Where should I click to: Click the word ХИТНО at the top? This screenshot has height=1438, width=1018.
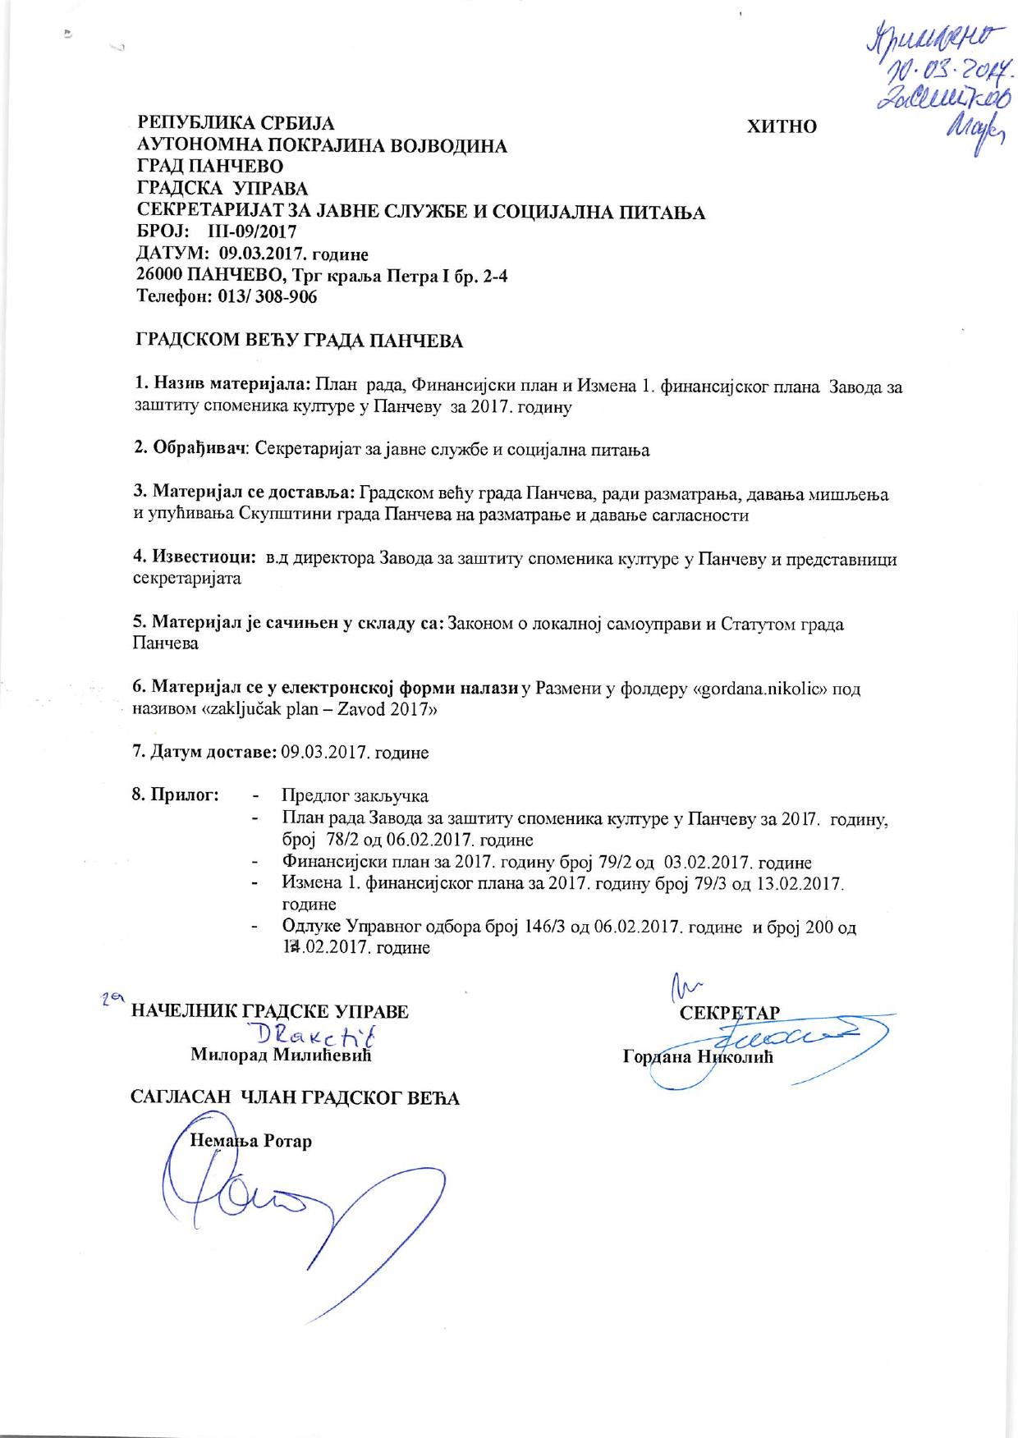[x=781, y=126]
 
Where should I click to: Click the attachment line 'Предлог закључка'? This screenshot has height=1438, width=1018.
[x=355, y=795]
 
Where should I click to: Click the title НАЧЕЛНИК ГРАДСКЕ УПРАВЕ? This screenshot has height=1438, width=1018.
[x=270, y=1011]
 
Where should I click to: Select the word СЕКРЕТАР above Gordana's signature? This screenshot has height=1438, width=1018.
[x=729, y=1011]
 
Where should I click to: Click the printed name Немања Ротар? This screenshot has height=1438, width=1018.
[x=250, y=1141]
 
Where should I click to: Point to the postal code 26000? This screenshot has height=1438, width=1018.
[x=163, y=276]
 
